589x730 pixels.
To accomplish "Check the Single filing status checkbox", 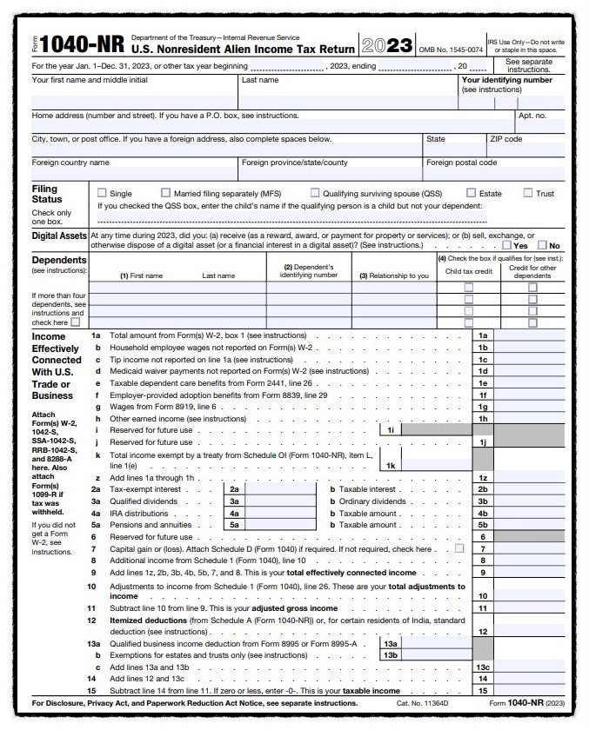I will point(103,193).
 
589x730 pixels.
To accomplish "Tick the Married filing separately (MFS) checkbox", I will point(166,193).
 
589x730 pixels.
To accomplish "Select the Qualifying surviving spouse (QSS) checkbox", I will point(315,193).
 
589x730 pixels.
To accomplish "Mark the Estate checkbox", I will point(471,193).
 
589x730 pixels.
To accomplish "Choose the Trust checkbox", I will point(528,193).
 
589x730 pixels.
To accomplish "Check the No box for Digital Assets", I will point(543,246).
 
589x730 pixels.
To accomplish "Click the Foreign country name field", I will point(134,174).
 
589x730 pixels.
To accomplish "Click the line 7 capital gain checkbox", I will point(459,549).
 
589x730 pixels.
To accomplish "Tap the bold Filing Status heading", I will point(45,194).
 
